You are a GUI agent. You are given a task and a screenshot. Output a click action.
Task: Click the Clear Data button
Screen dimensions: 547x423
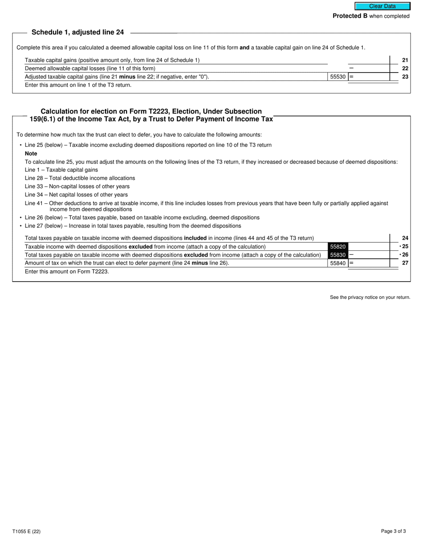pos(382,6)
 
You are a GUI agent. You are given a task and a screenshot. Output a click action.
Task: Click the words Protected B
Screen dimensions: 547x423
pos(350,16)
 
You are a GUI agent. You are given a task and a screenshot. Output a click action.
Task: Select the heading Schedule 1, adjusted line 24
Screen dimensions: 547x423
pos(77,32)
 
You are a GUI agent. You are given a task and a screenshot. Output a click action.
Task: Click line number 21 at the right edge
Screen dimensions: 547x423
pos(405,60)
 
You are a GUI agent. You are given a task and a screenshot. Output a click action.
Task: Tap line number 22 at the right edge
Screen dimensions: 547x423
pos(405,68)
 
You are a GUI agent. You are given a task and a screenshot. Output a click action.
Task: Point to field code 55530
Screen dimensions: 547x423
pos(338,77)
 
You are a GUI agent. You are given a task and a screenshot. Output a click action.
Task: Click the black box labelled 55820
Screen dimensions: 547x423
pos(338,247)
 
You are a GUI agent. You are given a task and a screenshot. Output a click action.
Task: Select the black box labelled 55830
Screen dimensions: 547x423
pos(338,255)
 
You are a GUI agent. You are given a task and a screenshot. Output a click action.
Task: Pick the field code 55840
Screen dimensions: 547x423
pos(338,263)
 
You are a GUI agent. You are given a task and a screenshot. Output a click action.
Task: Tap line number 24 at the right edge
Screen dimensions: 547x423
pos(405,238)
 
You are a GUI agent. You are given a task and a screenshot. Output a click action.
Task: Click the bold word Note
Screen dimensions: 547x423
pos(31,153)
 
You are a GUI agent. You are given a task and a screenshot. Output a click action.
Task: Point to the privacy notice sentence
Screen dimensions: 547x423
pos(370,298)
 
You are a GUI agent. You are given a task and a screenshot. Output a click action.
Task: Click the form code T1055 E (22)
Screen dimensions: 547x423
pos(27,531)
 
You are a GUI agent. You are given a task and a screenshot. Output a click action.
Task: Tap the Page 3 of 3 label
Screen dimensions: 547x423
pos(393,531)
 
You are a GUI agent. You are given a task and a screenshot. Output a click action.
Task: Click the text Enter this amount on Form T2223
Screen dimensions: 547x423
pos(67,271)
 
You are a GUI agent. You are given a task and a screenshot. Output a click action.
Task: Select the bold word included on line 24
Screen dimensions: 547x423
pos(195,238)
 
